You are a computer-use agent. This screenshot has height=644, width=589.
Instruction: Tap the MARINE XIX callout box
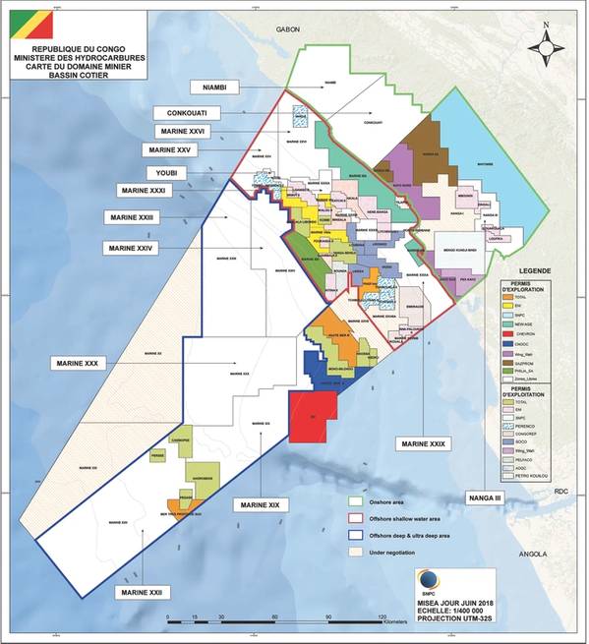pyautogui.click(x=260, y=504)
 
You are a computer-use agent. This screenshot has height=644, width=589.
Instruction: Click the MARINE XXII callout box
pyautogui.click(x=144, y=593)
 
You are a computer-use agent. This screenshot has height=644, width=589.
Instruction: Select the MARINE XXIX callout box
pyautogui.click(x=423, y=443)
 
